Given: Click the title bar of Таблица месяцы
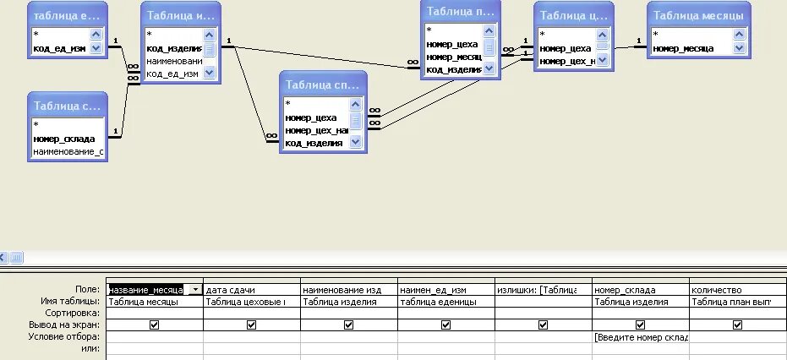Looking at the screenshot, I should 698,15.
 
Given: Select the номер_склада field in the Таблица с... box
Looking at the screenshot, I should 64,138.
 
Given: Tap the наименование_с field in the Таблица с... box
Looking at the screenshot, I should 68,151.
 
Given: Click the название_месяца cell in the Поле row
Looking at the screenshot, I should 146,290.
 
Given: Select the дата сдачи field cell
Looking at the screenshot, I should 251,290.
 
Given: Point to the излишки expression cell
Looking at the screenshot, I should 542,290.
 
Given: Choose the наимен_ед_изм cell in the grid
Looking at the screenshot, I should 445,290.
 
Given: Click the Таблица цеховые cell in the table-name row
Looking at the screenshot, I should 251,301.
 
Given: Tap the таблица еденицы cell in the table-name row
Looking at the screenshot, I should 445,301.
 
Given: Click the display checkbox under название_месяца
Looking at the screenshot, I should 154,325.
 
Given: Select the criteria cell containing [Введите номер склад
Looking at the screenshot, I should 640,336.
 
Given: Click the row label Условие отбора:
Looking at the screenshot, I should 72,336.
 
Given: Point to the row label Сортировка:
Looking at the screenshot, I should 75,313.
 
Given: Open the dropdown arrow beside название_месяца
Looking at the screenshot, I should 196,290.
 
